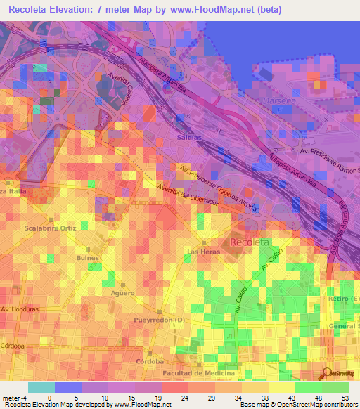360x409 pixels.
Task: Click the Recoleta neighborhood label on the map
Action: click(x=249, y=242)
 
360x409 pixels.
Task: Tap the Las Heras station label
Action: click(x=201, y=251)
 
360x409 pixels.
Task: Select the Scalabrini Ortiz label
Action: click(x=50, y=228)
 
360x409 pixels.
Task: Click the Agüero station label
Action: click(x=122, y=292)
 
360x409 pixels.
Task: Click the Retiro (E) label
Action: click(x=343, y=299)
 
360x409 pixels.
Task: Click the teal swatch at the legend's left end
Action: click(x=41, y=387)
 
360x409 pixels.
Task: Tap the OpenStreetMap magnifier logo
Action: click(x=327, y=373)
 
